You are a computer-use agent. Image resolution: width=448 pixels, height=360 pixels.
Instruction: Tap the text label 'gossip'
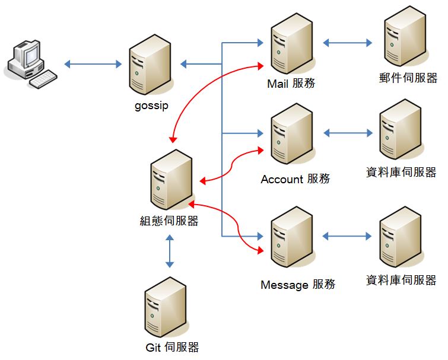(151, 106)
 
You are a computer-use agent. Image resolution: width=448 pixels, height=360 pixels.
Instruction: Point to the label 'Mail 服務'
(291, 84)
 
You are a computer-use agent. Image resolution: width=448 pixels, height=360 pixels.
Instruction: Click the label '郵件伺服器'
(407, 78)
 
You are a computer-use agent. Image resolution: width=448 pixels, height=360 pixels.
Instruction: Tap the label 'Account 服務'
(295, 179)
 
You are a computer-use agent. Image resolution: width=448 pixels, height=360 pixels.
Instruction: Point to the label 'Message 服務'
(298, 285)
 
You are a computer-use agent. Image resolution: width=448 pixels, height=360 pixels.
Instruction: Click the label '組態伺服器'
(169, 221)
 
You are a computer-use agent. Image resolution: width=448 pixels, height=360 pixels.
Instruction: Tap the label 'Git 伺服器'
(171, 348)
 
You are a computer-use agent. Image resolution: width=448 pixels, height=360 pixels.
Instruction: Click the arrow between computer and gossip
(93, 63)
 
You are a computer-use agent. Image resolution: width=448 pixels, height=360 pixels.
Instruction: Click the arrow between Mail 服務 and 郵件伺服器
(348, 43)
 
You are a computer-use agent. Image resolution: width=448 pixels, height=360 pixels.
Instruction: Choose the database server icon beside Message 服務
(401, 237)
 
